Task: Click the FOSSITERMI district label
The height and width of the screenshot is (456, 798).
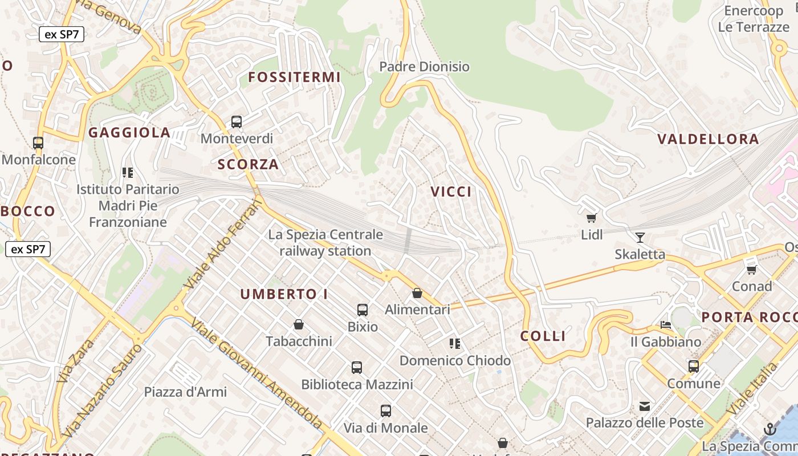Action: coord(294,77)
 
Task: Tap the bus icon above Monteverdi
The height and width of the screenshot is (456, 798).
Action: coord(236,122)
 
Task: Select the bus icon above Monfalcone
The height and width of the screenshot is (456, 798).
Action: coord(38,143)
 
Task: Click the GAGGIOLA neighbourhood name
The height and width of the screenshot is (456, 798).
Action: coord(129,133)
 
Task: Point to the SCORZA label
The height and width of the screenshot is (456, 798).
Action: coord(249,165)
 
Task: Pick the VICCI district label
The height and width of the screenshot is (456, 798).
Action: coord(451,192)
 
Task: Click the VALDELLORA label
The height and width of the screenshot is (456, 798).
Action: coord(708,139)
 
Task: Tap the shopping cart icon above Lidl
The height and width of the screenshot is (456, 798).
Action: coord(592,218)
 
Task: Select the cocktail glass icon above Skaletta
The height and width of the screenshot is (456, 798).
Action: coord(640,237)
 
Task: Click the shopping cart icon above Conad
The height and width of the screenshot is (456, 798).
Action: coord(751,269)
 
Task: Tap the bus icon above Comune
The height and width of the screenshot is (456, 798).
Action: coord(694,367)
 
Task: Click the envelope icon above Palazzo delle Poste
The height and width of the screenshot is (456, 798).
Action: coord(645,406)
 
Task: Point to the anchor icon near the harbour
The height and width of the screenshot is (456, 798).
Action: coord(770,429)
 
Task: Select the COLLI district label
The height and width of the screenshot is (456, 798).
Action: coord(543,336)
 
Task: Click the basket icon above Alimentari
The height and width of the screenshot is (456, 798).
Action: coord(417,294)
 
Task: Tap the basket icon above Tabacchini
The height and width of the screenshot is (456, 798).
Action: coord(298,325)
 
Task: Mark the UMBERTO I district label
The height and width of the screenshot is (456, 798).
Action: coord(284,295)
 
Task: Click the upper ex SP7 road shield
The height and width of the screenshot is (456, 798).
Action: coord(62,34)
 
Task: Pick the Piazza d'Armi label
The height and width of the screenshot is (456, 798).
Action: coord(185,392)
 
